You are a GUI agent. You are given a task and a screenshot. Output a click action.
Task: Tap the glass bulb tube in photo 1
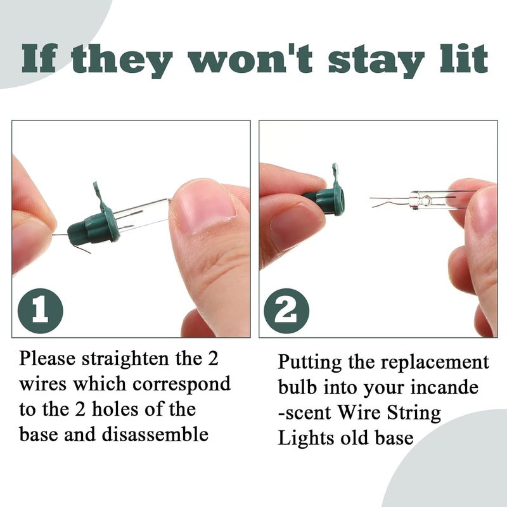143,215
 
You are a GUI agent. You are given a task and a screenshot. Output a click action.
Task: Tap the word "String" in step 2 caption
409,413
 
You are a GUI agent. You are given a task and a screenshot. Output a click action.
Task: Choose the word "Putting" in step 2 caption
311,363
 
